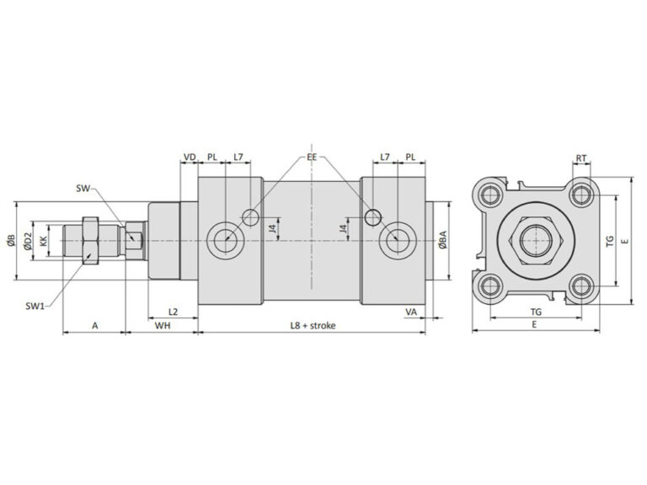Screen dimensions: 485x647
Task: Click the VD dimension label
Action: click(190, 157)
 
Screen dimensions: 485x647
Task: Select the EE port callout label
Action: click(312, 157)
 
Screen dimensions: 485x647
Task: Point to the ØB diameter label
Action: click(10, 242)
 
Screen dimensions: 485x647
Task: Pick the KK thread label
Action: click(43, 242)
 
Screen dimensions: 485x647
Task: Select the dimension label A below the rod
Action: click(94, 324)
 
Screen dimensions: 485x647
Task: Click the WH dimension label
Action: click(161, 324)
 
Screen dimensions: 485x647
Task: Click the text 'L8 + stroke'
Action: click(313, 324)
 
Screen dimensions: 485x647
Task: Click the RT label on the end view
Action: click(581, 157)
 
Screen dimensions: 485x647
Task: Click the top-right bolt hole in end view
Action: click(580, 195)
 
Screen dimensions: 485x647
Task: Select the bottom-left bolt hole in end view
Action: click(487, 288)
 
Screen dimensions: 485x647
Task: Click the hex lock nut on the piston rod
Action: click(90, 241)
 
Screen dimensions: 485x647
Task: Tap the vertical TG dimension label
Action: click(610, 241)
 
